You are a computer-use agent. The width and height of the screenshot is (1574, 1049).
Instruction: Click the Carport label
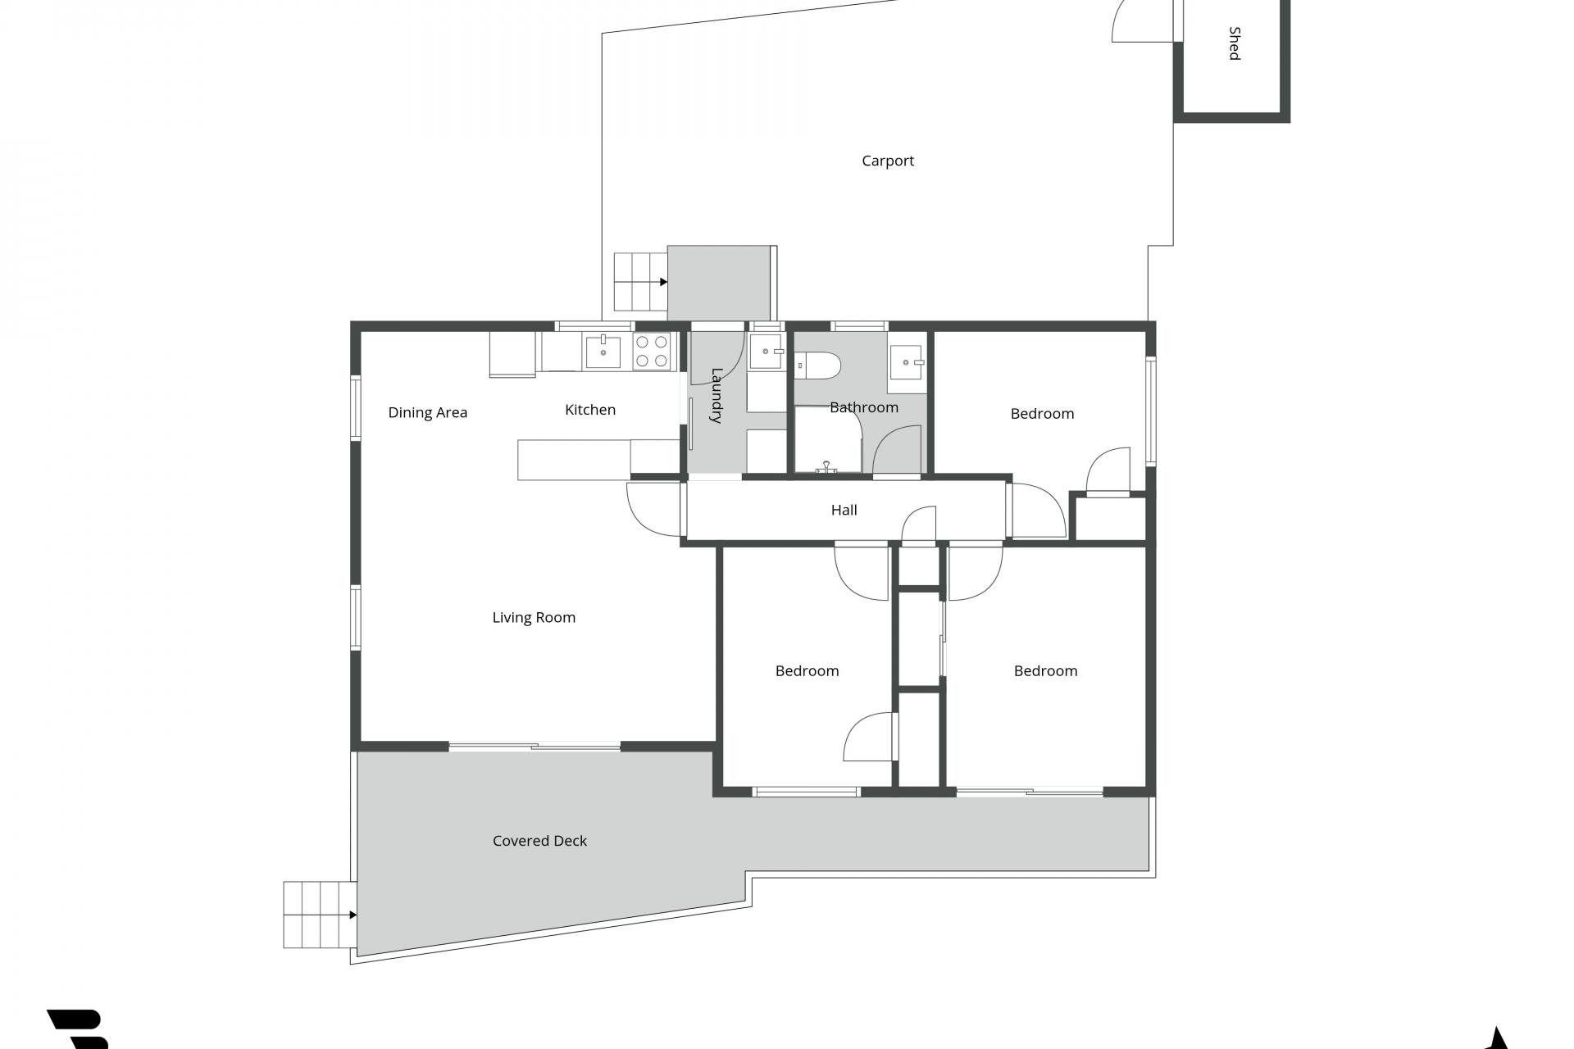click(888, 161)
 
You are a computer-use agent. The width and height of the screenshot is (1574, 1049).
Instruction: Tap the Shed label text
click(1235, 43)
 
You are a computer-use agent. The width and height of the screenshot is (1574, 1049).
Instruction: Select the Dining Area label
click(428, 412)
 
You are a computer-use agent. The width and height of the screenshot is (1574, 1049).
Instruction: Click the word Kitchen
click(590, 410)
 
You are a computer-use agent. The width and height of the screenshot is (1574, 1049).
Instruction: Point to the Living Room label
click(534, 618)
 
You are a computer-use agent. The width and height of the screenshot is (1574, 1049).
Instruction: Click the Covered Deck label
click(539, 841)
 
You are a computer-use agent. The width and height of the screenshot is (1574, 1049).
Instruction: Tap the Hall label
click(844, 510)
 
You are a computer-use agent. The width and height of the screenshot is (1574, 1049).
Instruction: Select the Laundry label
click(716, 395)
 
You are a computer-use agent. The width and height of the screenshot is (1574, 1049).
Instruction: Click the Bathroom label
click(864, 407)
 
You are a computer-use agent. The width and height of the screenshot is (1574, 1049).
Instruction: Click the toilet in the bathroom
click(818, 366)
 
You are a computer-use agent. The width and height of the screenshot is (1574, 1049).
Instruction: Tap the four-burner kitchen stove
click(653, 352)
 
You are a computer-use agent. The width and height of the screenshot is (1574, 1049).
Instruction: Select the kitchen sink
click(603, 351)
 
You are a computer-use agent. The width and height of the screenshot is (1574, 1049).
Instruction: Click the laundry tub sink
click(767, 352)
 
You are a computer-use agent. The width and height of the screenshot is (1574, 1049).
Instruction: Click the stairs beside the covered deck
click(320, 915)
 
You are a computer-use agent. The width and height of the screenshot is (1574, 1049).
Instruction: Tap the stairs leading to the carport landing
click(640, 282)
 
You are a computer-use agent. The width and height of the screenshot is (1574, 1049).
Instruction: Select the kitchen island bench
click(598, 460)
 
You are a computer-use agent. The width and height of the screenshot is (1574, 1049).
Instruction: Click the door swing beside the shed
click(1143, 20)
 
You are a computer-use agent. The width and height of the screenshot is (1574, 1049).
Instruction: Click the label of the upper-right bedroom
click(1042, 414)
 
